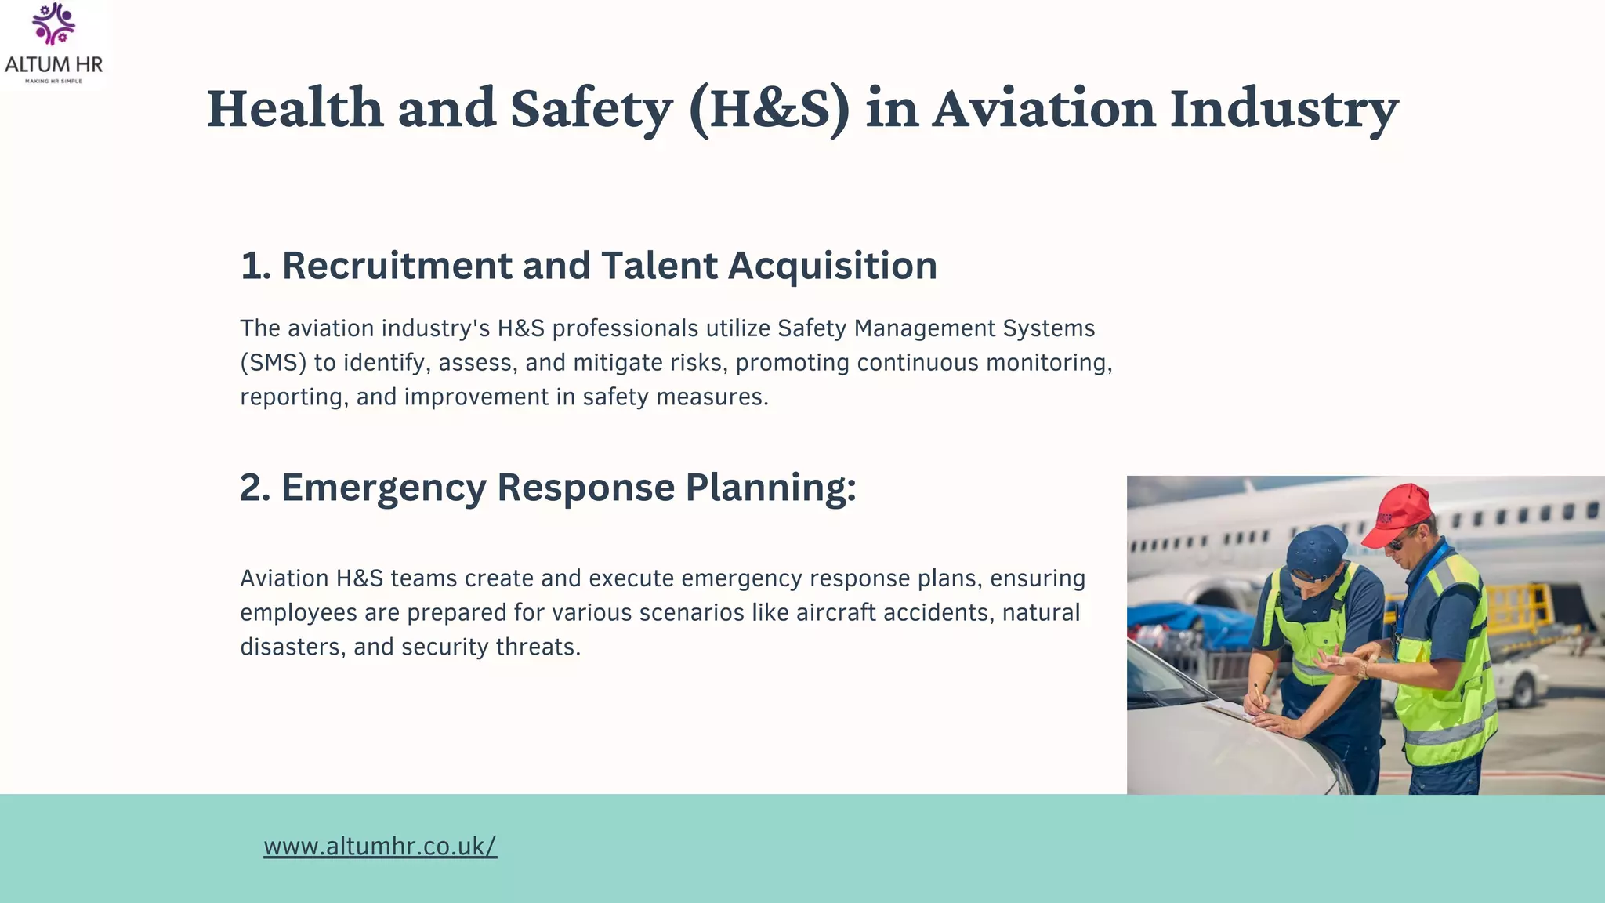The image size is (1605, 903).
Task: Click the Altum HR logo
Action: pyautogui.click(x=53, y=44)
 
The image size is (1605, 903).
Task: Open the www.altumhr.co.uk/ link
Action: pyautogui.click(x=380, y=847)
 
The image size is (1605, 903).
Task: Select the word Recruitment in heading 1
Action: pyautogui.click(x=397, y=266)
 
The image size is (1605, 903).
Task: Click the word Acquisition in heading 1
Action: pyautogui.click(x=832, y=266)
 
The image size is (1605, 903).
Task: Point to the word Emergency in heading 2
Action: pyautogui.click(x=384, y=488)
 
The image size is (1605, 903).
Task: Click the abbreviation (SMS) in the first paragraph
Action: pyautogui.click(x=273, y=363)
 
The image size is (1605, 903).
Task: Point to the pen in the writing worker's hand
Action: pyautogui.click(x=1259, y=693)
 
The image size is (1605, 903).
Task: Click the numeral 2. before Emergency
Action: pyautogui.click(x=255, y=488)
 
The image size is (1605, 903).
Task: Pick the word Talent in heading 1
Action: pyautogui.click(x=659, y=266)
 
